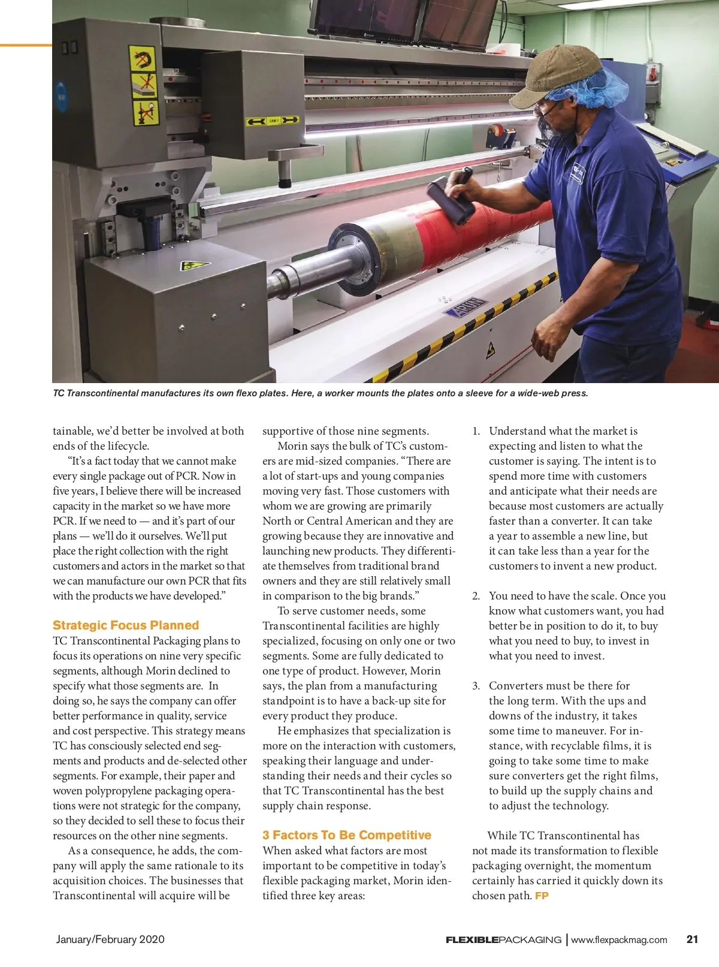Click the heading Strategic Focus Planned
(x=126, y=625)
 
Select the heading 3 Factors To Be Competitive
(x=347, y=835)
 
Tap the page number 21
(x=692, y=939)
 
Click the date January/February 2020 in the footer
(x=110, y=939)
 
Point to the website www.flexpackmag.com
(x=619, y=939)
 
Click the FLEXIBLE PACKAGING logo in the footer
(x=503, y=939)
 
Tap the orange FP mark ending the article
(x=542, y=896)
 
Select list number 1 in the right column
(x=476, y=431)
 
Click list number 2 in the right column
(x=476, y=596)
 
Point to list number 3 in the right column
(x=476, y=686)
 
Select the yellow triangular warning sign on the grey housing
(x=194, y=265)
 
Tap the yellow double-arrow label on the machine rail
(x=273, y=121)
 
